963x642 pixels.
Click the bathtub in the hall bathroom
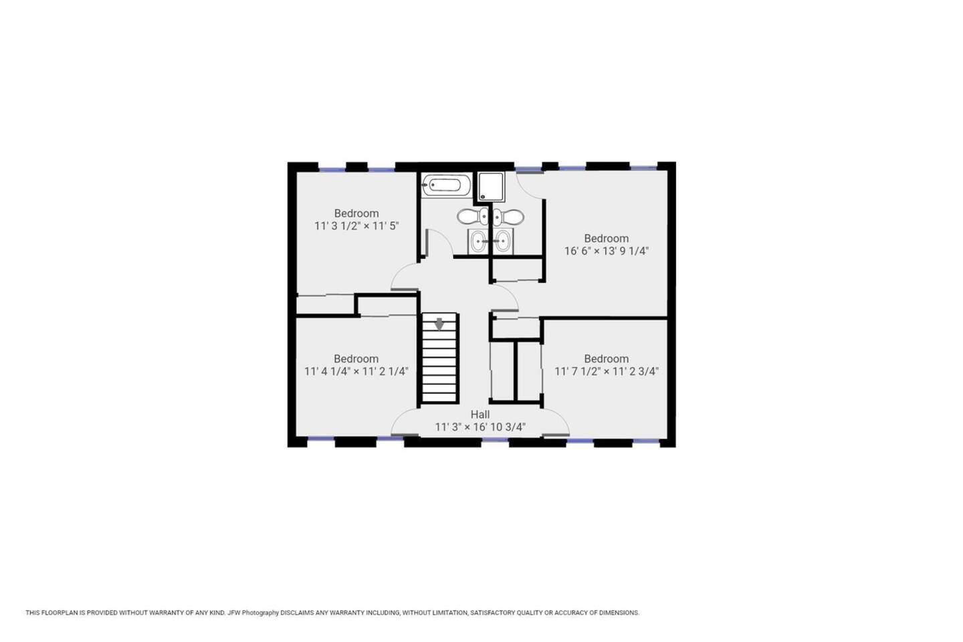click(x=445, y=185)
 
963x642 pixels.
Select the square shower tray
click(x=491, y=187)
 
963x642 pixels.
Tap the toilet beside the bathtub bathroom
click(x=472, y=216)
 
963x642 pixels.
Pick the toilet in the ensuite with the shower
click(x=508, y=217)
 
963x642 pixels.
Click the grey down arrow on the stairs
click(x=439, y=324)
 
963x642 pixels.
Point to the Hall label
click(x=479, y=415)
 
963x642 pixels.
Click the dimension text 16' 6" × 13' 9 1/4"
click(x=606, y=251)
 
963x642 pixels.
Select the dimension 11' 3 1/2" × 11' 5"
click(x=356, y=226)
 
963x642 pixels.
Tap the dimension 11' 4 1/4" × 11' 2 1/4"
click(x=356, y=372)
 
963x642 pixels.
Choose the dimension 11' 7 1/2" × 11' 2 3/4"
click(x=606, y=372)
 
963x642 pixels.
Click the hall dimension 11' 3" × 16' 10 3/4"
click(x=480, y=427)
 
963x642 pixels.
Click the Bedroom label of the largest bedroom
click(x=606, y=238)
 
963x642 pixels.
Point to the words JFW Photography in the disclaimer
click(x=253, y=613)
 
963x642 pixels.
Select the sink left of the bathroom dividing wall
click(x=479, y=241)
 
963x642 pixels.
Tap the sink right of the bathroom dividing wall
click(x=502, y=241)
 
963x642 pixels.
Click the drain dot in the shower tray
click(x=483, y=197)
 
